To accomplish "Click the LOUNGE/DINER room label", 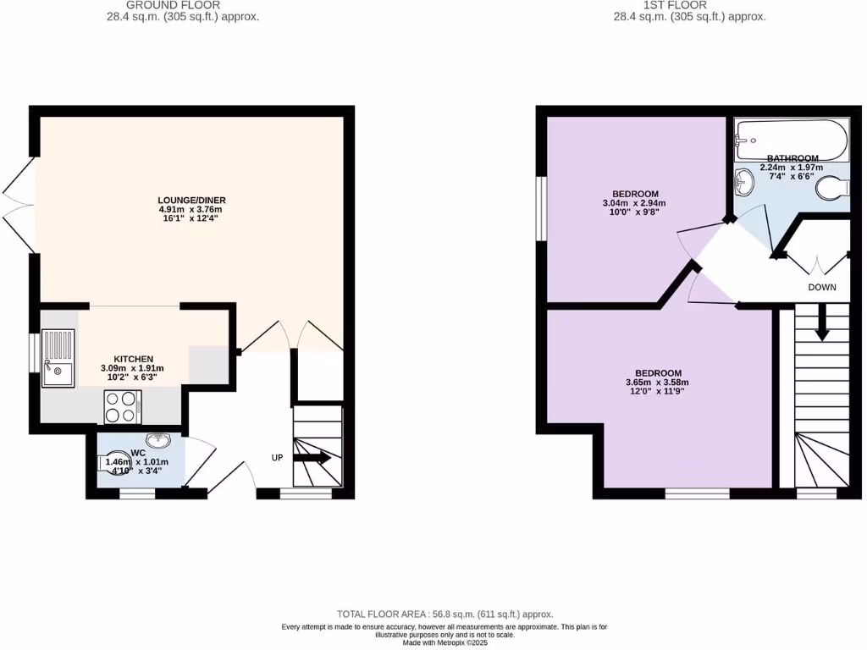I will coord(191,200).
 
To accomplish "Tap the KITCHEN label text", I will coord(133,359).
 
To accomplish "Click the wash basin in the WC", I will coord(158,439).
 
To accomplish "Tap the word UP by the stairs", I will coord(277,458).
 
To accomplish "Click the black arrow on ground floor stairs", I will coord(312,458).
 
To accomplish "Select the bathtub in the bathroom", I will coord(791,140).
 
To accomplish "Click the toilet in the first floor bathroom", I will coord(832,189).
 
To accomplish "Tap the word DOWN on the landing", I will coord(821,288).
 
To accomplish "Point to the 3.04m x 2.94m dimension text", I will coord(633,203).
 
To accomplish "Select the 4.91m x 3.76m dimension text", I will coord(191,210).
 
